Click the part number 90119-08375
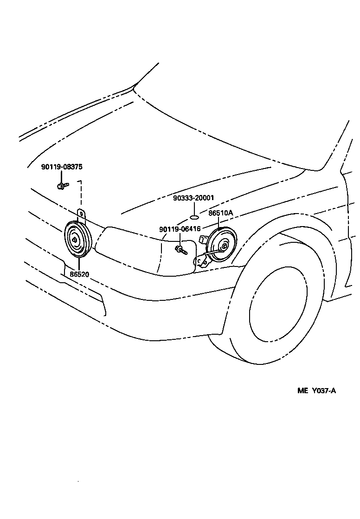pyautogui.click(x=62, y=167)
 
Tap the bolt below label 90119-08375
pyautogui.click(x=62, y=186)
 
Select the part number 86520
pyautogui.click(x=79, y=274)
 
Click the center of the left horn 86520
pyautogui.click(x=76, y=240)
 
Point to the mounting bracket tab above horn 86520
pyautogui.click(x=82, y=215)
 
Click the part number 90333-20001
pyautogui.click(x=193, y=198)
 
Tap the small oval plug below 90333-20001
pyautogui.click(x=195, y=216)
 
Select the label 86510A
pyautogui.click(x=220, y=213)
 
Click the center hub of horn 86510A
pyautogui.click(x=224, y=246)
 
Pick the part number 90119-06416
pyautogui.click(x=180, y=229)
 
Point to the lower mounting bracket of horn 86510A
pyautogui.click(x=202, y=262)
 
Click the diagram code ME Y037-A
pyautogui.click(x=316, y=390)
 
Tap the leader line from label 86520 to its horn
pyautogui.click(x=78, y=264)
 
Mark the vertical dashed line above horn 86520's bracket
pyautogui.click(x=82, y=195)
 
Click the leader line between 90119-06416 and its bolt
pyautogui.click(x=180, y=239)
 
